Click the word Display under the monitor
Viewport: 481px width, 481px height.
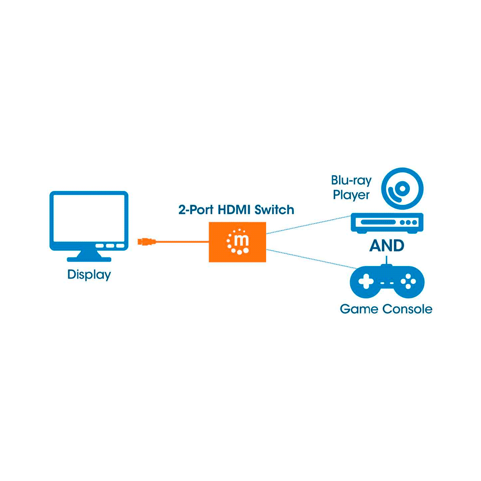point(89,275)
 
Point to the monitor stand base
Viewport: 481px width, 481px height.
point(89,259)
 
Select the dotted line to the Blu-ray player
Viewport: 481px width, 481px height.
point(308,225)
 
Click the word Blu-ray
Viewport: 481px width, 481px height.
point(351,181)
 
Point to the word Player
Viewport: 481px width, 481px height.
point(351,195)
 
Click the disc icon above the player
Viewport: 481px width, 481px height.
point(403,188)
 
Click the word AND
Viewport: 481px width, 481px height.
point(387,246)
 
